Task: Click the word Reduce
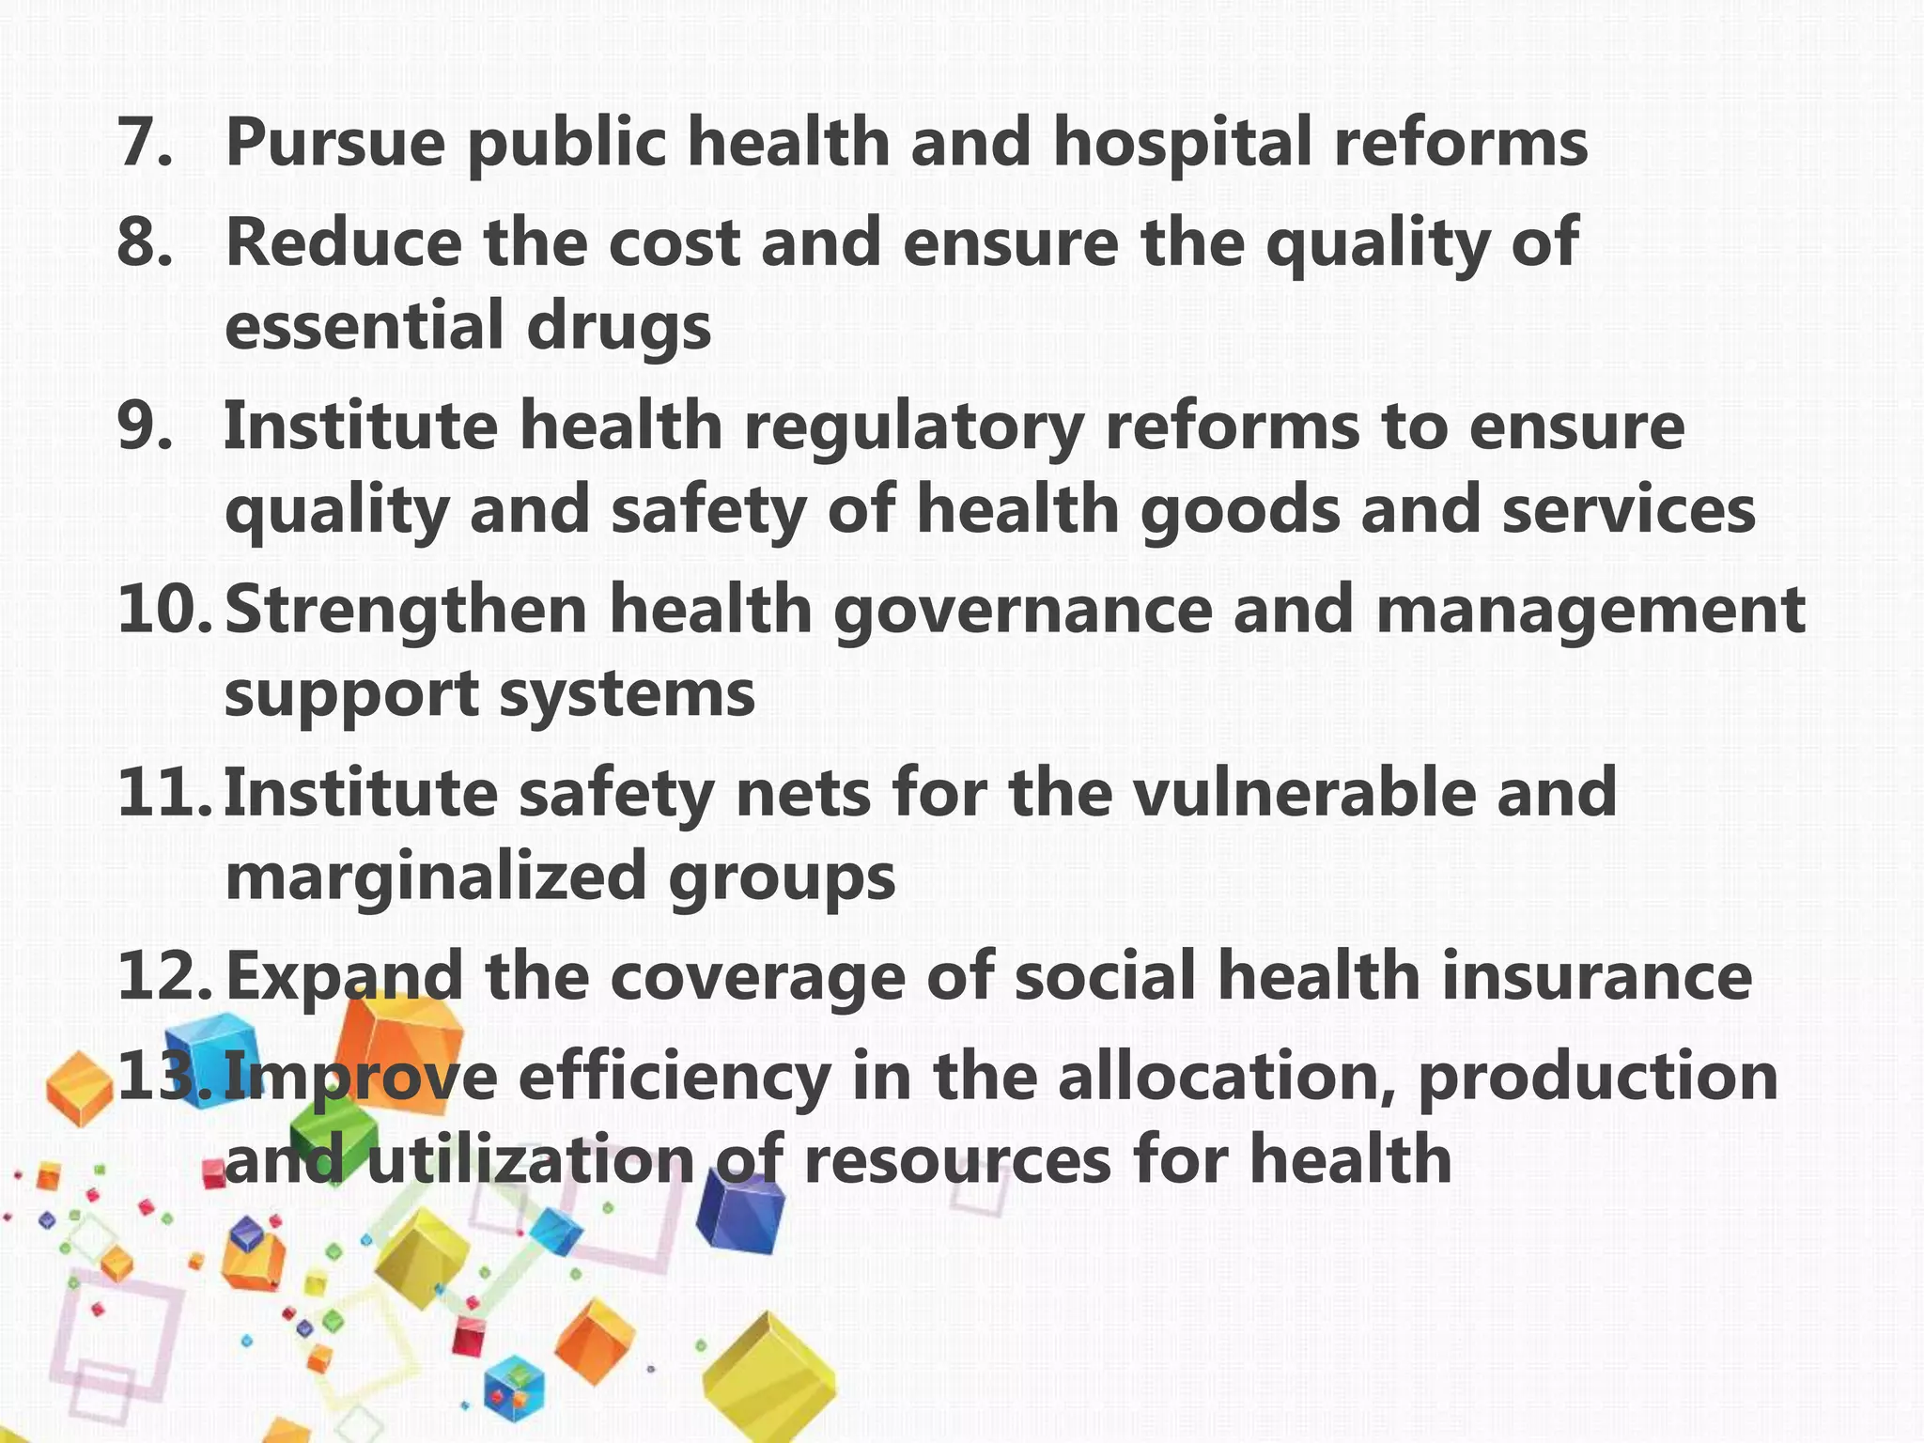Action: point(344,242)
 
